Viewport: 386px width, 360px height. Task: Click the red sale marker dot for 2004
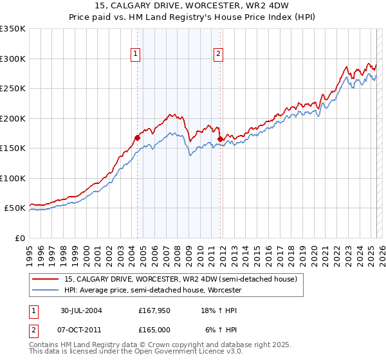pos(138,137)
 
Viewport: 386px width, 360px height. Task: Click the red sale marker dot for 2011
pos(220,139)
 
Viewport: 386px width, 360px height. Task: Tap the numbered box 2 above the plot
pos(219,55)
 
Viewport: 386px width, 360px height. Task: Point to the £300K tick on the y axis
pos(13,59)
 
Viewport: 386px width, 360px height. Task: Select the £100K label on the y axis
pos(13,178)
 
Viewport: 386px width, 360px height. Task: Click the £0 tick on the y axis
pos(19,238)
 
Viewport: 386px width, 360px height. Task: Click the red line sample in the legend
pos(46,280)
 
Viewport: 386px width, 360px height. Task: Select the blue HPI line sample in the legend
pos(46,291)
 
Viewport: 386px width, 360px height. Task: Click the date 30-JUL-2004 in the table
pos(82,310)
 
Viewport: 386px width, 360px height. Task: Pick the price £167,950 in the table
pos(153,310)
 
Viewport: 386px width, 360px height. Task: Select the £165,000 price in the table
pos(153,330)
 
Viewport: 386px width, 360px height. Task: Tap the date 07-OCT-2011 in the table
pos(82,330)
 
